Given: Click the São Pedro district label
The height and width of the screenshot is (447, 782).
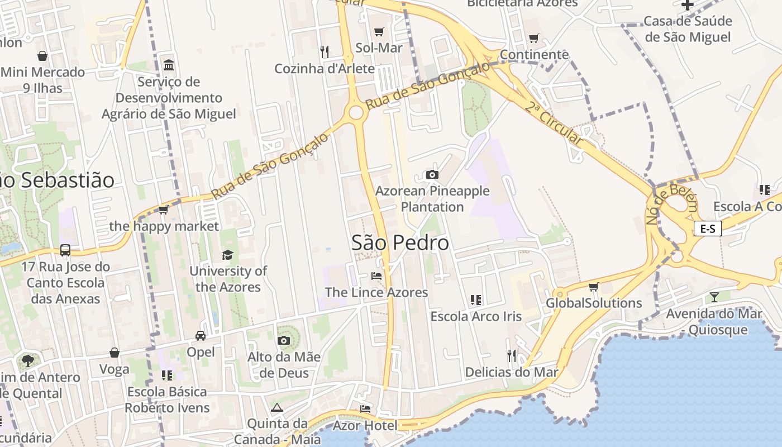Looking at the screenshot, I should coord(400,242).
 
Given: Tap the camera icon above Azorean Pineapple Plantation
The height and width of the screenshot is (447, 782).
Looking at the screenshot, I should coord(432,175).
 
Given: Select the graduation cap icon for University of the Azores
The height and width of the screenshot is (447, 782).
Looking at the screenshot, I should coord(227,255).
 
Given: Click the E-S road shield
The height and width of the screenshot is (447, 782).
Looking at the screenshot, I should coord(708,228).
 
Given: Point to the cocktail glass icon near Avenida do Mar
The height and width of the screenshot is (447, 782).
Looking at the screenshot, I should coord(714,296).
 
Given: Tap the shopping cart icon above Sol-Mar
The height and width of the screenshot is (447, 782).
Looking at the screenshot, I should coord(379,32).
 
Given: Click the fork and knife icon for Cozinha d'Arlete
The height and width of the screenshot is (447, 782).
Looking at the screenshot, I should coord(325,51).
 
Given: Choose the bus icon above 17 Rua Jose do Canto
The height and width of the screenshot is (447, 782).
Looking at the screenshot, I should coord(65,250).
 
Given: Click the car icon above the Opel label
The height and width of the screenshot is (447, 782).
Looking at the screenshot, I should coord(200,336).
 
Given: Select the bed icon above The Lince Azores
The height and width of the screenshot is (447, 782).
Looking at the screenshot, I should coord(376,275).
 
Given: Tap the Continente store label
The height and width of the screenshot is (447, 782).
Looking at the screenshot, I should coord(534,55).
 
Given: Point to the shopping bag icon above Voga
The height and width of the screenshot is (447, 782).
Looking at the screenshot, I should coord(114,353).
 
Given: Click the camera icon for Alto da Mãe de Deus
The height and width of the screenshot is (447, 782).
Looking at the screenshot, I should coord(284,340).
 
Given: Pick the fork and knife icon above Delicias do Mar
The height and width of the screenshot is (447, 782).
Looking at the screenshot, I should coord(512,355).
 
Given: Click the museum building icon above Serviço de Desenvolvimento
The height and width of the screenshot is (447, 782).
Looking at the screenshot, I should coord(168,65).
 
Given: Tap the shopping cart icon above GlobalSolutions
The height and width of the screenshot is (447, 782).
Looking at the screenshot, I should coord(593,287).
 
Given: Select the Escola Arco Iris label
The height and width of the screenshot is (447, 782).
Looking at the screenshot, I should coord(476,316).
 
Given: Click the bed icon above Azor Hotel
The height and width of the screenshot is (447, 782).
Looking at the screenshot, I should coord(365,409).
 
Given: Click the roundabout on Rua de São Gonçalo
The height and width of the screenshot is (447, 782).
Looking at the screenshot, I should coord(356,113).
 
